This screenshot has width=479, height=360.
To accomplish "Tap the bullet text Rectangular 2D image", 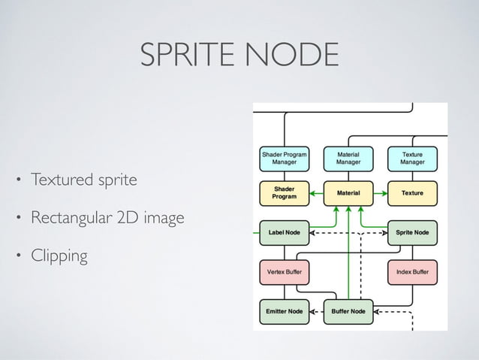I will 107,219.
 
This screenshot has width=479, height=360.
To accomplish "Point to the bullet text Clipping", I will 59,256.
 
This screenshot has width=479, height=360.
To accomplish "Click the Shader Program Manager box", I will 284,158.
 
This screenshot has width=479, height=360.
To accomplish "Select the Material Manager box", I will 348,158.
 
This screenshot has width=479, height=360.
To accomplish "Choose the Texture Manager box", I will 412,158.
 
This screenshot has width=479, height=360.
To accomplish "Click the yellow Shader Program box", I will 284,193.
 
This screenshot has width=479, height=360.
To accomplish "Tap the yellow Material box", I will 348,193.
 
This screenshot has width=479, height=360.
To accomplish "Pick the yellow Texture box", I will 412,193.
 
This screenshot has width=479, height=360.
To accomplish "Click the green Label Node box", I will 284,232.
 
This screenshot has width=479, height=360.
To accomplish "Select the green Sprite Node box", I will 412,232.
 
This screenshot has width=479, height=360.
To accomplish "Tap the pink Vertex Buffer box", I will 284,271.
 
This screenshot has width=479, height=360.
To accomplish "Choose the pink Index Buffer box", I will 412,271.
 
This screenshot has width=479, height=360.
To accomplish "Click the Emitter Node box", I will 284,310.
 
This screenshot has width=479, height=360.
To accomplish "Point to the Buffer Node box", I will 348,310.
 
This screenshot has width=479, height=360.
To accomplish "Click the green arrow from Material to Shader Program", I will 315,193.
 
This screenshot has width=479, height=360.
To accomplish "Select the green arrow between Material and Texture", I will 380,193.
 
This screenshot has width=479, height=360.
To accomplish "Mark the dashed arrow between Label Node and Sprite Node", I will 348,233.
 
